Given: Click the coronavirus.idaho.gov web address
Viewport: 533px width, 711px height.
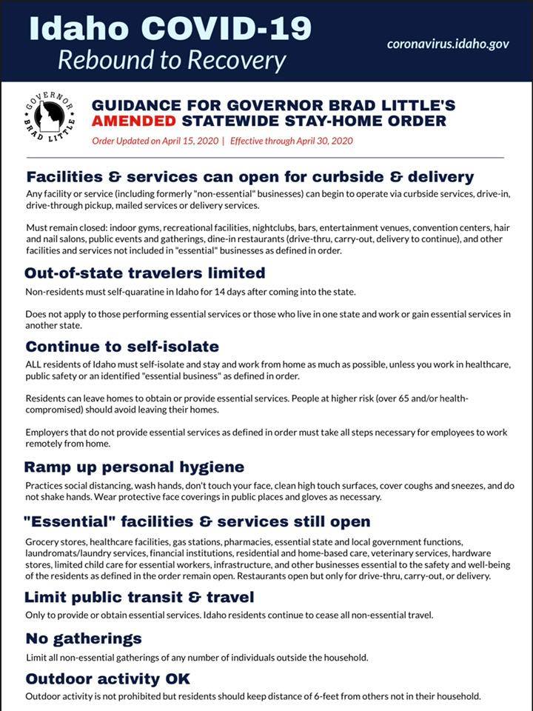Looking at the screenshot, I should [x=448, y=44].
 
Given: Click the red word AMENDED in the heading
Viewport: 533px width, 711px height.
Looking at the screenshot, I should [x=133, y=121].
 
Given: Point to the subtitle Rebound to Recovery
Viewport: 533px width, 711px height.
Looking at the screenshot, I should [x=172, y=60].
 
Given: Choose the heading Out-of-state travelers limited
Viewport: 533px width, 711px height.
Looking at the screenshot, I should [x=145, y=273].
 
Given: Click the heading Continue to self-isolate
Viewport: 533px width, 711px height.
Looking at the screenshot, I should [x=123, y=347].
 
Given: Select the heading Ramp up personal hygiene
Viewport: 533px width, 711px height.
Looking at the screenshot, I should [x=134, y=467].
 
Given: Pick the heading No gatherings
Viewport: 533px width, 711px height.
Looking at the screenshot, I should [x=84, y=638].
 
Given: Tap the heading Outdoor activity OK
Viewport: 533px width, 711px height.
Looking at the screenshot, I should [x=108, y=678].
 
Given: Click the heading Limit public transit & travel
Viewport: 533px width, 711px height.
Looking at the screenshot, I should [x=140, y=597].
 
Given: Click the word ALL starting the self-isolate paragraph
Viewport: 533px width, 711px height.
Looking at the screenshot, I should [x=36, y=364].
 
